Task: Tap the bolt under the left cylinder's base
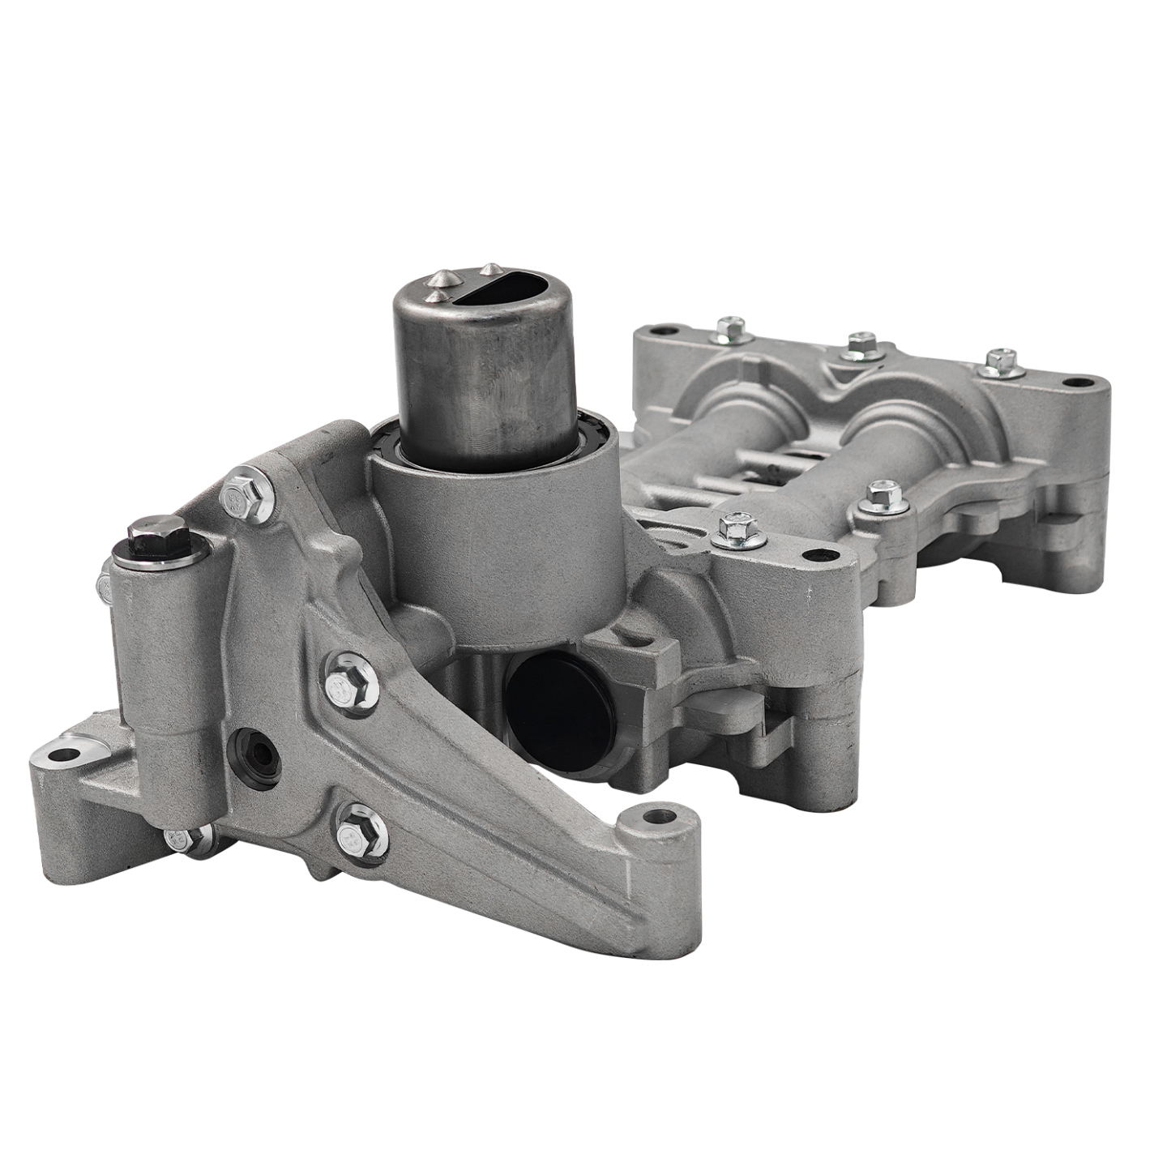point(185,837)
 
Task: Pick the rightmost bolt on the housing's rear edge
point(1002,361)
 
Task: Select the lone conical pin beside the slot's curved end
point(489,267)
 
